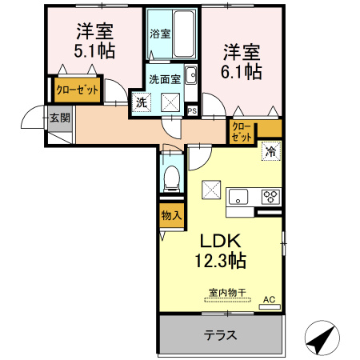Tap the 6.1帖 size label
click(x=242, y=70)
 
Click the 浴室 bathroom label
click(x=160, y=34)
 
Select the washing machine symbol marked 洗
click(x=141, y=102)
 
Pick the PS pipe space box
click(x=192, y=110)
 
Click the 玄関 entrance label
click(x=59, y=118)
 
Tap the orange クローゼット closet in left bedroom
click(x=76, y=90)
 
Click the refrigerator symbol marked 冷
click(x=271, y=151)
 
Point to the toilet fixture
click(x=171, y=178)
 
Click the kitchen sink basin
click(x=241, y=195)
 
